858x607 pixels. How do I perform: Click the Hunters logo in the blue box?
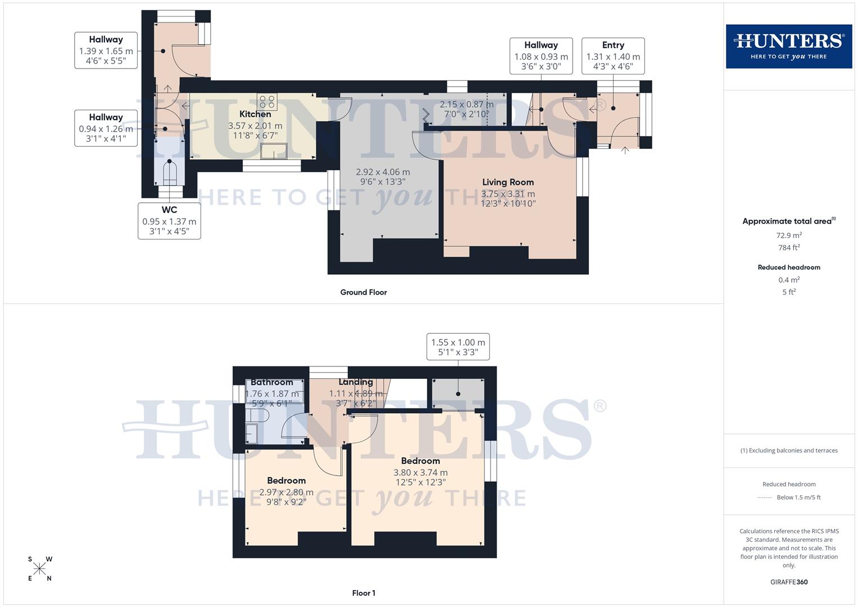(788, 46)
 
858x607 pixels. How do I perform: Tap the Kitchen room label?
(255, 114)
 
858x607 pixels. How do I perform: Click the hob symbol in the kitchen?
(267, 102)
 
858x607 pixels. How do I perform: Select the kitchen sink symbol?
(274, 151)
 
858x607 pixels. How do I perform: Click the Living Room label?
(508, 182)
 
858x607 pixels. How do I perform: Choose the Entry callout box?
(612, 56)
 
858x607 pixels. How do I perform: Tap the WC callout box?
(169, 220)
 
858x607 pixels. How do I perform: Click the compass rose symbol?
(39, 569)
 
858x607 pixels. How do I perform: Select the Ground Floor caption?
(364, 292)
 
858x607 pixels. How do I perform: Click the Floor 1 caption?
(364, 593)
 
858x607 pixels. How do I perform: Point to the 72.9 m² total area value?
(788, 235)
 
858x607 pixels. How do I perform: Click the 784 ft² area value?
(788, 247)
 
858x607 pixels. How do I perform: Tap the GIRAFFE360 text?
(788, 582)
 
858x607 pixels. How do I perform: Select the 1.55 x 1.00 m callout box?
(458, 347)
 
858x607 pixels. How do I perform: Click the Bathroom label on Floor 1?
(272, 382)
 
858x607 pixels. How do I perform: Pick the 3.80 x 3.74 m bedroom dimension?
(420, 473)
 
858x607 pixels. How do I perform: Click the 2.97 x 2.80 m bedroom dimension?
(286, 492)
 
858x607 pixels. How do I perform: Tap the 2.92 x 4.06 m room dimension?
(383, 172)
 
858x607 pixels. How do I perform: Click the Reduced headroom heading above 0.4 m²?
(788, 268)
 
